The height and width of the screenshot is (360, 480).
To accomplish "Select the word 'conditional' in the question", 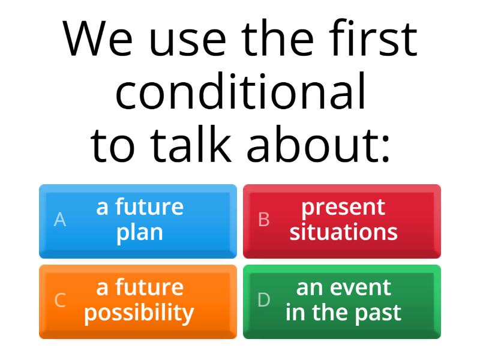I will click(240, 93).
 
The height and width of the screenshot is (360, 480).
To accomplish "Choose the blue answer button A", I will click(138, 221).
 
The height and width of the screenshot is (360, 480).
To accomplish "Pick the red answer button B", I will click(342, 221).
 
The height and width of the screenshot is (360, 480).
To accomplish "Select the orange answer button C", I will click(138, 301).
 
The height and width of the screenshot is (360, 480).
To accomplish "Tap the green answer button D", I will click(342, 301).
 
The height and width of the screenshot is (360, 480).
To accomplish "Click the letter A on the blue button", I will click(60, 220).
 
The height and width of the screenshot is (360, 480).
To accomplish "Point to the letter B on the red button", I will click(264, 220).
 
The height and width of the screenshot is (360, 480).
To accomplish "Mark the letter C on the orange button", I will click(60, 301).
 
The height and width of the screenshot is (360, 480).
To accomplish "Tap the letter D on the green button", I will click(264, 301).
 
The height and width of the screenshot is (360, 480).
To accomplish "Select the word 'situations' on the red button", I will click(343, 232).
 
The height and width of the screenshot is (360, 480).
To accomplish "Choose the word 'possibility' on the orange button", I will click(139, 313).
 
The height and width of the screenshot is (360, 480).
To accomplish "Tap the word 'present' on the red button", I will click(343, 208).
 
